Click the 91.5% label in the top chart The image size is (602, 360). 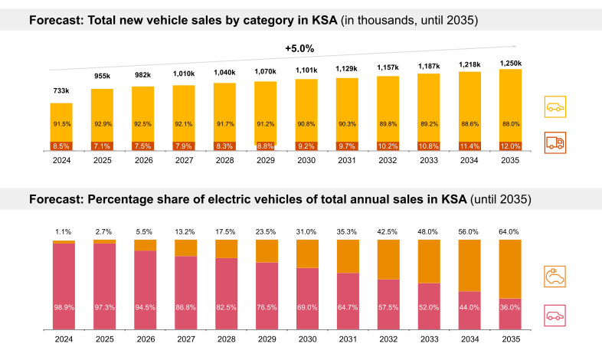click(x=62, y=124)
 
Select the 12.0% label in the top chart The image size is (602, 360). click(x=510, y=146)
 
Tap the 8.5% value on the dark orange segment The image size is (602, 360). click(x=62, y=146)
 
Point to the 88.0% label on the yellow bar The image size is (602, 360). click(x=510, y=124)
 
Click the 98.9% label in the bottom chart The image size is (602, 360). click(x=64, y=307)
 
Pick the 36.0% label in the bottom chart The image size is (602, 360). click(x=510, y=307)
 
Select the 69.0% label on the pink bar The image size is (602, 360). click(x=307, y=307)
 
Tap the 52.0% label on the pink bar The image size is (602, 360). click(x=429, y=307)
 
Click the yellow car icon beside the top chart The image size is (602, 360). click(x=555, y=107)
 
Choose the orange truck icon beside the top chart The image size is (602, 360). click(x=555, y=142)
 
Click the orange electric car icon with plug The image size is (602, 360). click(x=555, y=277)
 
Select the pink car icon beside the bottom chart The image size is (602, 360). click(x=555, y=315)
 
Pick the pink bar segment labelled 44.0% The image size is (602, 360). click(x=469, y=310)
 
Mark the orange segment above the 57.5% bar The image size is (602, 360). click(x=388, y=259)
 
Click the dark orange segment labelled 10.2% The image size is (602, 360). click(x=388, y=146)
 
